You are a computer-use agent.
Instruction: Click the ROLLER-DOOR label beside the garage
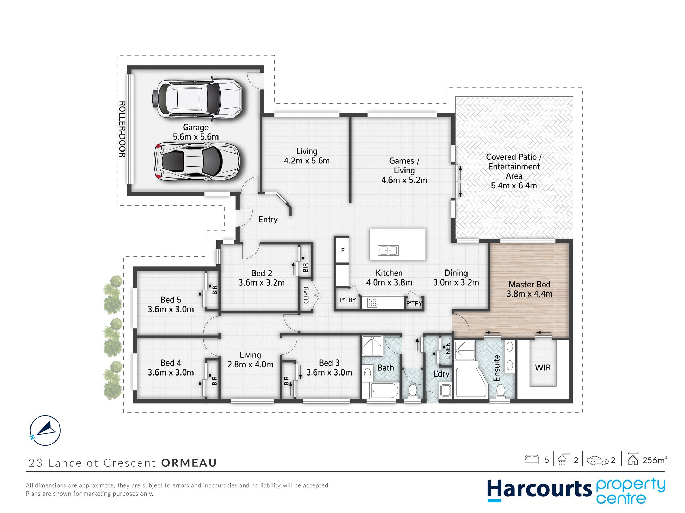point(122,129)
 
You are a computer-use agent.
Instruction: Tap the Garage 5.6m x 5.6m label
point(196,132)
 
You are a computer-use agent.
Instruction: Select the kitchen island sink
point(388,250)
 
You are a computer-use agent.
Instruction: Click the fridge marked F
point(342,250)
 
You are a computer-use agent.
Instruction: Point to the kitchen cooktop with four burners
point(372,303)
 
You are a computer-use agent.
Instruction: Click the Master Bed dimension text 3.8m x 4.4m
point(530,294)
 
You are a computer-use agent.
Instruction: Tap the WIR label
point(543,368)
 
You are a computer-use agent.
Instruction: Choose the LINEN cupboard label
point(448,351)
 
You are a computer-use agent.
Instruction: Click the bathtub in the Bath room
point(384,391)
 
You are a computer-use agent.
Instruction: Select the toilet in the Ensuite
point(501,391)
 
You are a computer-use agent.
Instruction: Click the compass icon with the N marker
point(45,430)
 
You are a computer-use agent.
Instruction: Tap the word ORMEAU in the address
point(189,463)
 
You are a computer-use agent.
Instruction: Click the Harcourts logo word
point(539,489)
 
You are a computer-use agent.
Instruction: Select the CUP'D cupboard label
point(306,295)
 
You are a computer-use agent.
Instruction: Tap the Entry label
point(268,220)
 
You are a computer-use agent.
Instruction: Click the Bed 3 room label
point(329,363)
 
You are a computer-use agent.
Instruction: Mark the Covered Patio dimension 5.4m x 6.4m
point(514,186)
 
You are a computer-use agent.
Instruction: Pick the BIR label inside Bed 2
point(306,267)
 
